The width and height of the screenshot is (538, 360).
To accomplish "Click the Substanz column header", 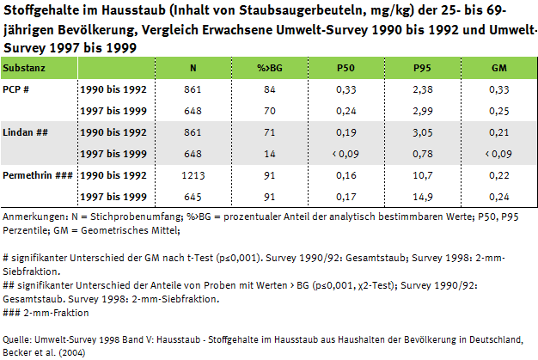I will coord(26,67).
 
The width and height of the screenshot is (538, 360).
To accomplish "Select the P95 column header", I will coord(421,67).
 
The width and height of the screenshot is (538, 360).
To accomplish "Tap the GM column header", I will coord(498,67).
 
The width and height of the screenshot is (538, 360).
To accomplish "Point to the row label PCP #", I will coord(21,88).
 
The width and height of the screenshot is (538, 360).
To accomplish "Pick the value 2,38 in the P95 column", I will coord(421,88).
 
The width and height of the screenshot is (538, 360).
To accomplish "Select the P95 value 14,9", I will coord(421,195).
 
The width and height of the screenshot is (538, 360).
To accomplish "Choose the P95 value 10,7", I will coord(421,174).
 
